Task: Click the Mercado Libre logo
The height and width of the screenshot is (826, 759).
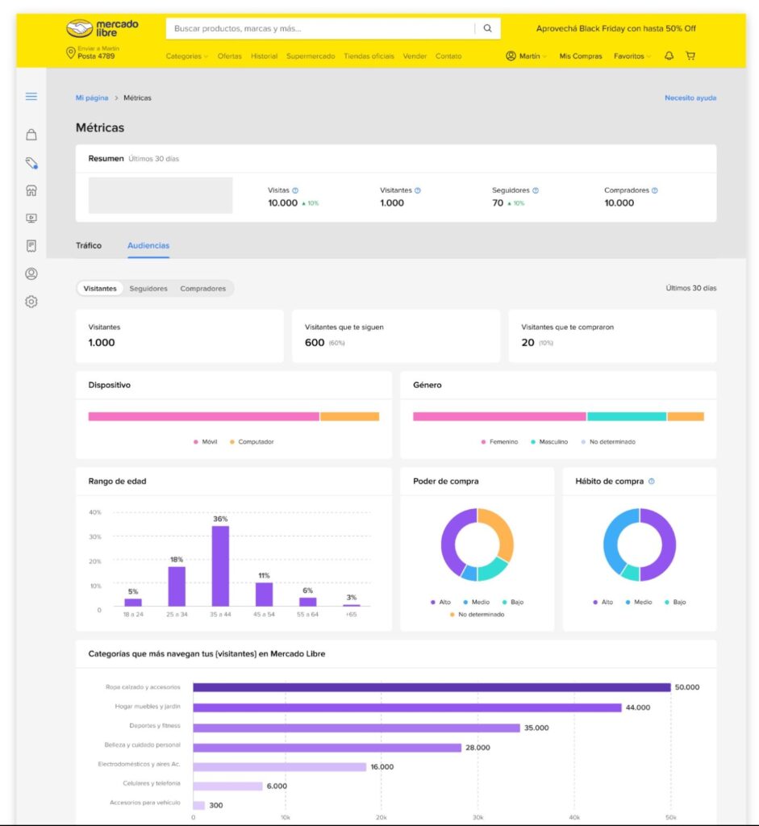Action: [x=102, y=28]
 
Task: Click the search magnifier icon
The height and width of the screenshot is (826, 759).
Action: [x=487, y=28]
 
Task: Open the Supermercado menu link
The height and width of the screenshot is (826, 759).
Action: [x=311, y=56]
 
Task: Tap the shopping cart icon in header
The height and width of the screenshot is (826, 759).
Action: [x=690, y=56]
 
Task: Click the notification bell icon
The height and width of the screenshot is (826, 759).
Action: [x=669, y=56]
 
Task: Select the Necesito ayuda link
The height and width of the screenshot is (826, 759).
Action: [x=690, y=98]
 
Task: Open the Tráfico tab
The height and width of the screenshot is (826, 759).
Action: [x=89, y=245]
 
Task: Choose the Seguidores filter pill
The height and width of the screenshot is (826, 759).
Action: [x=148, y=289]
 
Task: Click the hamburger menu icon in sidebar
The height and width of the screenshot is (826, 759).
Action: [x=31, y=97]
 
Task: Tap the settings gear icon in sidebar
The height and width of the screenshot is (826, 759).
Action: [x=31, y=302]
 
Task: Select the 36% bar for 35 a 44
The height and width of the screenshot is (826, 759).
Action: [x=220, y=565]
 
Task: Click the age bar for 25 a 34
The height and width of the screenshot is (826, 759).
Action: [x=177, y=586]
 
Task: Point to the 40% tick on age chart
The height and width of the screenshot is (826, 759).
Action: [x=95, y=512]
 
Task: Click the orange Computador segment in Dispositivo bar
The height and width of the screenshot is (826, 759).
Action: [x=349, y=417]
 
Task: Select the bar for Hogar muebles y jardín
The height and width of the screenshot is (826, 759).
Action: [x=407, y=707]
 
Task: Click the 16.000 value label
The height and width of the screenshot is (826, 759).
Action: [x=382, y=767]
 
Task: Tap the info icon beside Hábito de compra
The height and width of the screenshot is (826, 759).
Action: [x=652, y=482]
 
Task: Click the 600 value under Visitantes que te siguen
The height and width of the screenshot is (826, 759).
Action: [x=315, y=343]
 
